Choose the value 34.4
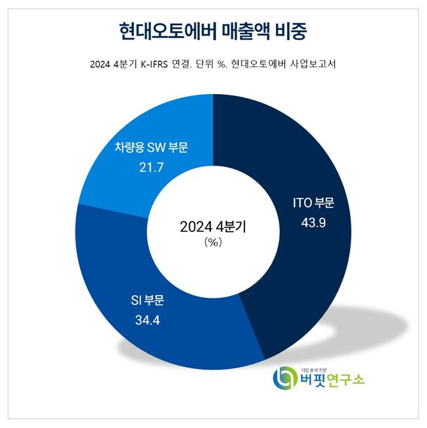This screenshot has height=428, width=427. (146, 320)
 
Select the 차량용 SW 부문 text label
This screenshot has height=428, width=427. (149, 148)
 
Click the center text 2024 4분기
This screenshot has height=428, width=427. (213, 227)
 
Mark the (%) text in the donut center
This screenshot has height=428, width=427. (213, 243)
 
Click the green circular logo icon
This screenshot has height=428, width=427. (284, 377)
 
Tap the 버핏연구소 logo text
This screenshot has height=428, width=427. (331, 381)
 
